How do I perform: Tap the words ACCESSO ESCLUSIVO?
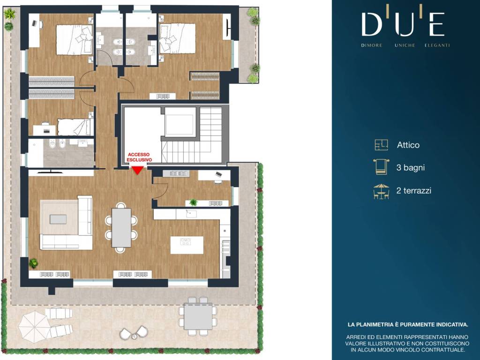139,157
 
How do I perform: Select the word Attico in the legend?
408,145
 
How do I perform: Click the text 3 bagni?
410,167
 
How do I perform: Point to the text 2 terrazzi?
413,190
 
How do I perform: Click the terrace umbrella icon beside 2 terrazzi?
381,191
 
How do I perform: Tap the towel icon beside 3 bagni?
381,167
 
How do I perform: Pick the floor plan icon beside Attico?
382,145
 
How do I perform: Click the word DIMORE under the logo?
372,45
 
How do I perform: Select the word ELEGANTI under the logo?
437,45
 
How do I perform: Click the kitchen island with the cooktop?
187,245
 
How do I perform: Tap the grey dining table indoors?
121,227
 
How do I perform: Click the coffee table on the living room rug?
58,219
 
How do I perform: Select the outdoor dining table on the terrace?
198,316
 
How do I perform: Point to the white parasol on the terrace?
33,325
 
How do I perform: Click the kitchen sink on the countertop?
191,214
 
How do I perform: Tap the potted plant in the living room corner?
33,263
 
